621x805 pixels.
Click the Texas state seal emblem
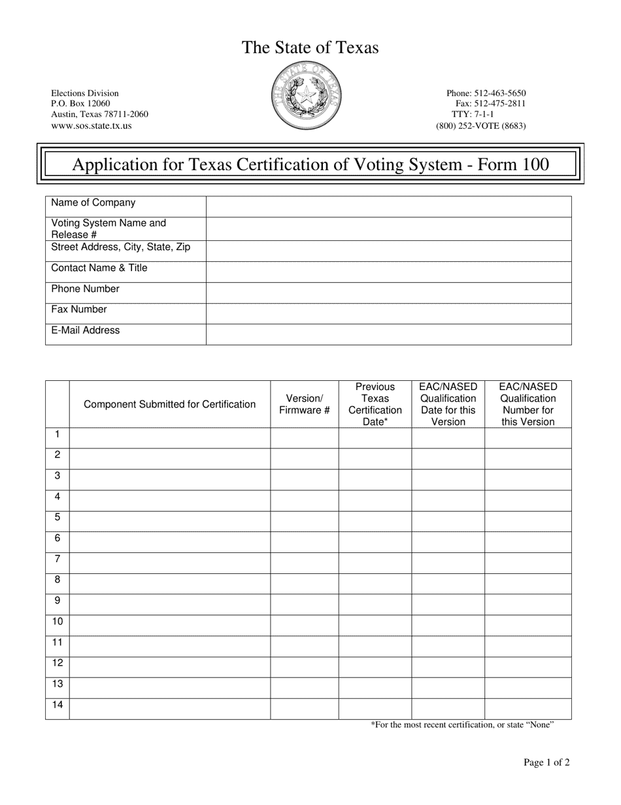click(305, 97)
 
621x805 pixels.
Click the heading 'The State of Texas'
click(310, 48)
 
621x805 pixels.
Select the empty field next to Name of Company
click(388, 207)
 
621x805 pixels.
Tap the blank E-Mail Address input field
click(388, 334)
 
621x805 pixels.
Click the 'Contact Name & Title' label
click(99, 268)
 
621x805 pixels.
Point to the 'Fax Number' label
click(79, 310)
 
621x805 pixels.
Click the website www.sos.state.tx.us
click(92, 125)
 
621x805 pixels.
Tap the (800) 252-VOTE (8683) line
click(480, 126)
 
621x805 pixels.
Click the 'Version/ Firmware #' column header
click(305, 404)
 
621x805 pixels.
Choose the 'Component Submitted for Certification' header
click(170, 404)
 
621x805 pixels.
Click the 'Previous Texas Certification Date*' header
click(375, 404)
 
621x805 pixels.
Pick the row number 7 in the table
click(58, 560)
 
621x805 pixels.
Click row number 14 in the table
click(58, 706)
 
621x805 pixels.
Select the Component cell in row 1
click(170, 438)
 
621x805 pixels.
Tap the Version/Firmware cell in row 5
click(305, 522)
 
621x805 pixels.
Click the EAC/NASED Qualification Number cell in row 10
click(528, 625)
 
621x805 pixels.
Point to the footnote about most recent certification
click(462, 724)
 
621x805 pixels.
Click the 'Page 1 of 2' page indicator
click(546, 762)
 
